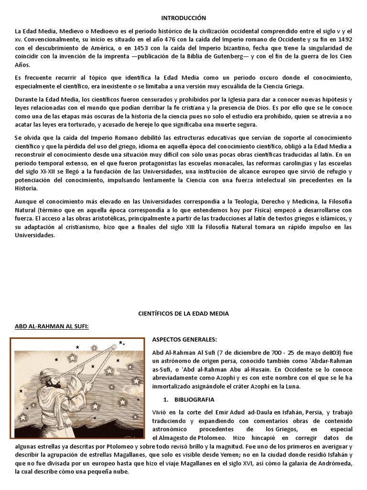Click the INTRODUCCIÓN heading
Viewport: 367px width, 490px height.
pyautogui.click(x=183, y=18)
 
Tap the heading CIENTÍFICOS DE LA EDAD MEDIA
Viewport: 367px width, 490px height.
pyautogui.click(x=183, y=313)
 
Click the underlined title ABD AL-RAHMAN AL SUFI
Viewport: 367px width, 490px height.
pyautogui.click(x=52, y=326)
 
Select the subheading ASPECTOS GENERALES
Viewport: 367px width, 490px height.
pyautogui.click(x=184, y=339)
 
